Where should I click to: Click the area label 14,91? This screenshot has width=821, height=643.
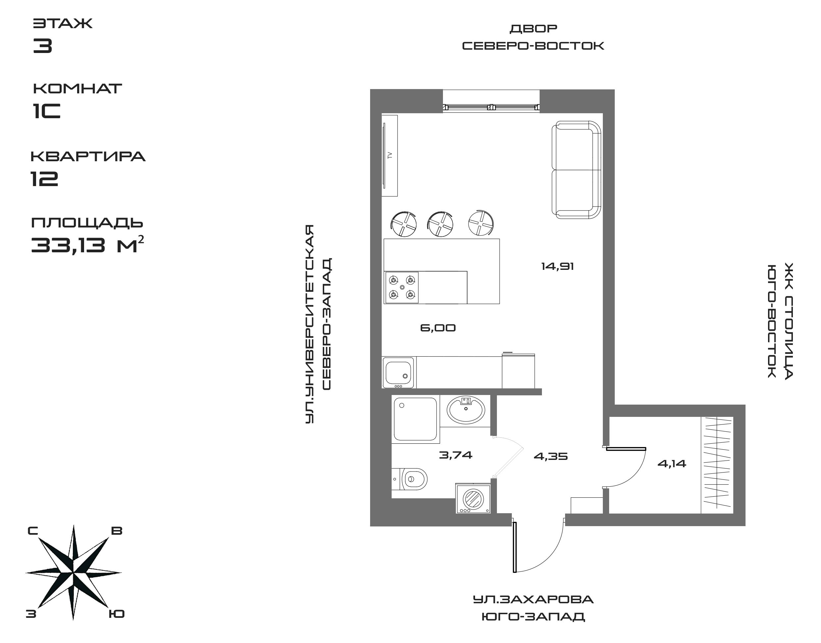click(557, 267)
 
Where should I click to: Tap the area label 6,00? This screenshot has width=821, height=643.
click(438, 328)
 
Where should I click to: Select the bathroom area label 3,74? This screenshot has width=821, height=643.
click(456, 455)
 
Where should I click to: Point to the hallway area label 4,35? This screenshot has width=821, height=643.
click(551, 457)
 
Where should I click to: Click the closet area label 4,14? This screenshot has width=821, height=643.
click(672, 464)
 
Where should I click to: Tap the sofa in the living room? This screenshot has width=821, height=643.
click(576, 170)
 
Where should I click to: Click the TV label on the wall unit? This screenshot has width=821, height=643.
click(390, 155)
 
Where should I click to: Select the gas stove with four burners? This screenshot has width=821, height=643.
click(401, 287)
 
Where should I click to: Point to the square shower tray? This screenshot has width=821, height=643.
click(415, 419)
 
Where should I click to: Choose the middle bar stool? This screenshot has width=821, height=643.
click(440, 225)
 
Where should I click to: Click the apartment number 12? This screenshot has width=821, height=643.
click(44, 178)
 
